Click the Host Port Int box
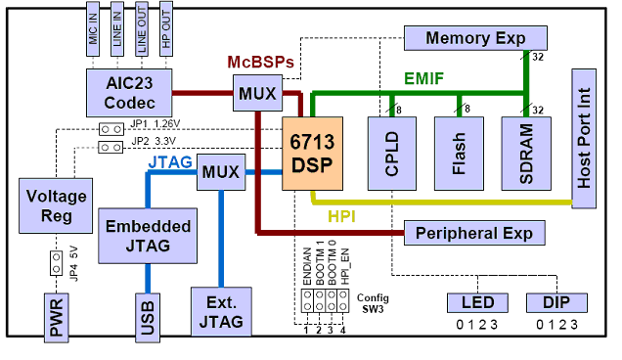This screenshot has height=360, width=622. [x=584, y=138]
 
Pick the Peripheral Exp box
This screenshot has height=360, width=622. [x=473, y=234]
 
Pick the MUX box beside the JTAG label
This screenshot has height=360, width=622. [x=219, y=171]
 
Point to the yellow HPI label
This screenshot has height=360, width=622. [x=341, y=214]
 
